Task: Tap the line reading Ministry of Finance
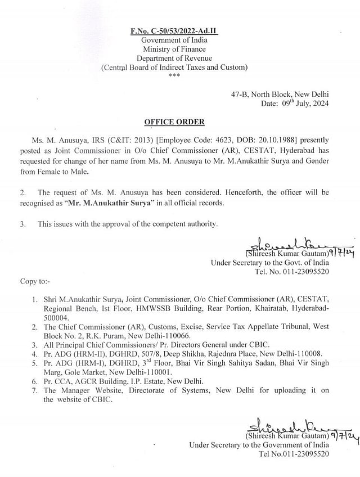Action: [174, 49]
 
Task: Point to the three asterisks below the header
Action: [174, 75]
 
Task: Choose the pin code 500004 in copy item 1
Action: [56, 317]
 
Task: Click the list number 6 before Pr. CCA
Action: [35, 381]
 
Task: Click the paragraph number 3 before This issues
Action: [22, 224]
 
